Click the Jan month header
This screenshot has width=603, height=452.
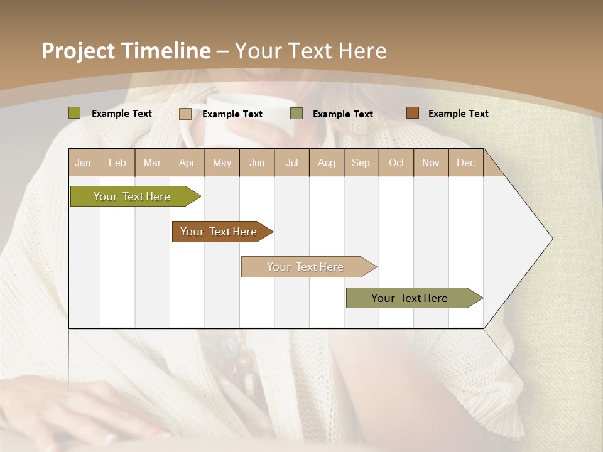click(83, 163)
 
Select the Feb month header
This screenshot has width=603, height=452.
click(117, 163)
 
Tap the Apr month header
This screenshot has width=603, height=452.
click(187, 163)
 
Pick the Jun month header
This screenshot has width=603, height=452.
click(257, 163)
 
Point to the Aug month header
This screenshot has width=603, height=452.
click(326, 163)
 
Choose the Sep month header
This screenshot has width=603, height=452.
click(361, 163)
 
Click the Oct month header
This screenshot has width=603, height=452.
click(396, 163)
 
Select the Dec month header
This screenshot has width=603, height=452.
click(465, 163)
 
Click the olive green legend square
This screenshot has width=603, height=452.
click(74, 113)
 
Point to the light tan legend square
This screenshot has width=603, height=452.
click(185, 114)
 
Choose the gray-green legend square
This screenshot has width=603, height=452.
click(296, 114)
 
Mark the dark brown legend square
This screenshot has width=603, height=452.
click(412, 113)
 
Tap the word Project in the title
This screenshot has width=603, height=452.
click(79, 51)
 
